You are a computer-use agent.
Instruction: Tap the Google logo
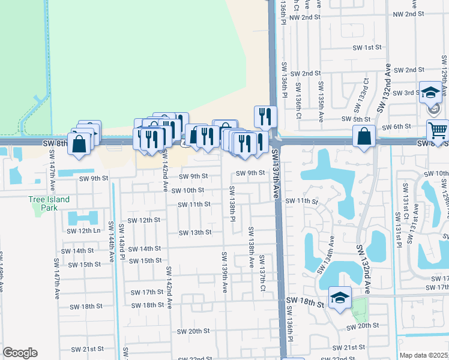click(x=20, y=353)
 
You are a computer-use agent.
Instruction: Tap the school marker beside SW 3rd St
click(x=430, y=93)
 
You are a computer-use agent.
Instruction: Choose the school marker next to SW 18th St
click(x=340, y=298)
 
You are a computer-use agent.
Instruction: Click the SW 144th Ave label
click(x=112, y=246)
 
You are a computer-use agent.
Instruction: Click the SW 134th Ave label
click(x=330, y=253)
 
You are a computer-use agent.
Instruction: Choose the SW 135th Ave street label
click(x=321, y=95)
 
